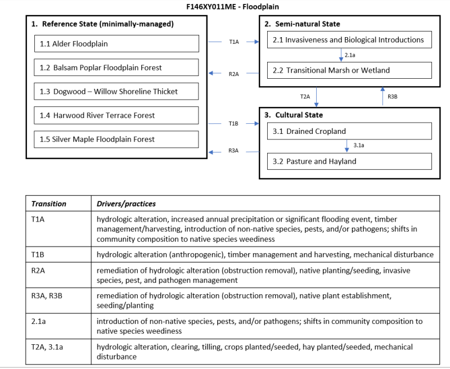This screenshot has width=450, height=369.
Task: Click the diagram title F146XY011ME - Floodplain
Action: (x=224, y=7)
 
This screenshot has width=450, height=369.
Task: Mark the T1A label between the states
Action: (x=234, y=42)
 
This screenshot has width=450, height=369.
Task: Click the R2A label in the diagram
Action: (x=234, y=74)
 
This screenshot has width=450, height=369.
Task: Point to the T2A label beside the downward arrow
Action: (x=305, y=97)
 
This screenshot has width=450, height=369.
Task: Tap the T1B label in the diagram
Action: (x=234, y=123)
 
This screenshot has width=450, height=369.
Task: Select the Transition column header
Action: (x=49, y=204)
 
